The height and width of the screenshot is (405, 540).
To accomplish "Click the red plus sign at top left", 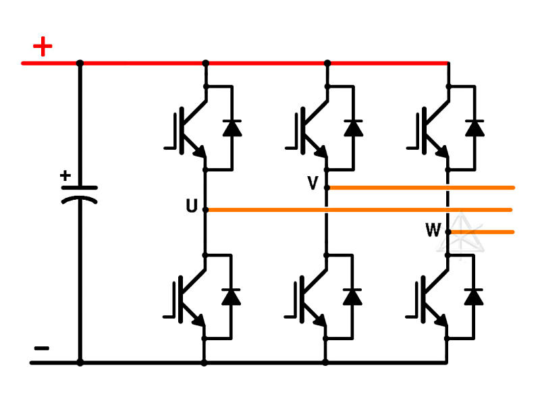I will click(x=43, y=47).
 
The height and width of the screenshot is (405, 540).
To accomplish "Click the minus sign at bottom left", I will click(x=42, y=348).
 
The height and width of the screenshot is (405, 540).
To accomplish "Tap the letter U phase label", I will click(x=192, y=207).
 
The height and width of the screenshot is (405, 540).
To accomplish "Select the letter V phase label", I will click(x=313, y=184).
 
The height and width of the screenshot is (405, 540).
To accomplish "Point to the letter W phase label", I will click(x=433, y=231).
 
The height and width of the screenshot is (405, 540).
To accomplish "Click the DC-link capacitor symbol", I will click(x=80, y=194).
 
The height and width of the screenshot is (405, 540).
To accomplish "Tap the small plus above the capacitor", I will click(x=65, y=176).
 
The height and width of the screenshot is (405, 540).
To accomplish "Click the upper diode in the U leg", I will click(x=232, y=127).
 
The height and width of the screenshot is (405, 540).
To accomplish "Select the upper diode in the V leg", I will click(x=352, y=127).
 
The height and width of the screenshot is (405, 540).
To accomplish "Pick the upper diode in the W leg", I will click(x=475, y=127).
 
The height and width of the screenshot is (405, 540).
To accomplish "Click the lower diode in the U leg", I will click(x=232, y=296).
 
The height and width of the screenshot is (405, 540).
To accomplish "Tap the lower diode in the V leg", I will click(x=352, y=296).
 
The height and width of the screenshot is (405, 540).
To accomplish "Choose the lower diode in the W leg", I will click(x=475, y=296).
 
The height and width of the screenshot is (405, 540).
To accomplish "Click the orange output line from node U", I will click(x=358, y=210).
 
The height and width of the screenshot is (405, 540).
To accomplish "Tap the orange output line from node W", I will click(x=483, y=232).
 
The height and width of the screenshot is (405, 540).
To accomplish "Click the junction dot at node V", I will click(x=327, y=188).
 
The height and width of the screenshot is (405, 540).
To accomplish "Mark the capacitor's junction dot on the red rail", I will click(x=80, y=63).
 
